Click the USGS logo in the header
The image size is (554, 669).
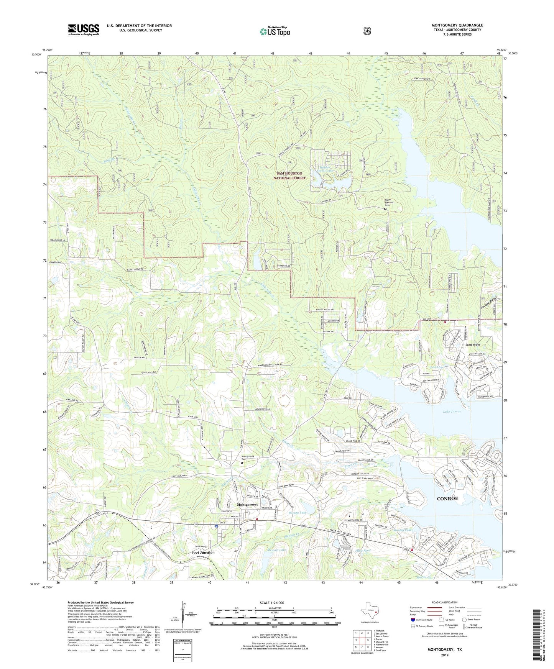click(x=84, y=30)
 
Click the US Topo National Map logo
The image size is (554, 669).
click(x=275, y=31)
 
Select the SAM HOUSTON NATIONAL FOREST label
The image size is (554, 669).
click(x=291, y=175)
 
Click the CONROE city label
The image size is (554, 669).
click(x=447, y=498)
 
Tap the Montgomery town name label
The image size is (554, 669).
click(x=247, y=504)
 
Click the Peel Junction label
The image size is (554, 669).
click(x=203, y=553)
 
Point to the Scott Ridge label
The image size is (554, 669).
click(x=473, y=345)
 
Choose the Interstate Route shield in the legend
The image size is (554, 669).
click(x=413, y=620)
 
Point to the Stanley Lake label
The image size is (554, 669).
click(x=402, y=530)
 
